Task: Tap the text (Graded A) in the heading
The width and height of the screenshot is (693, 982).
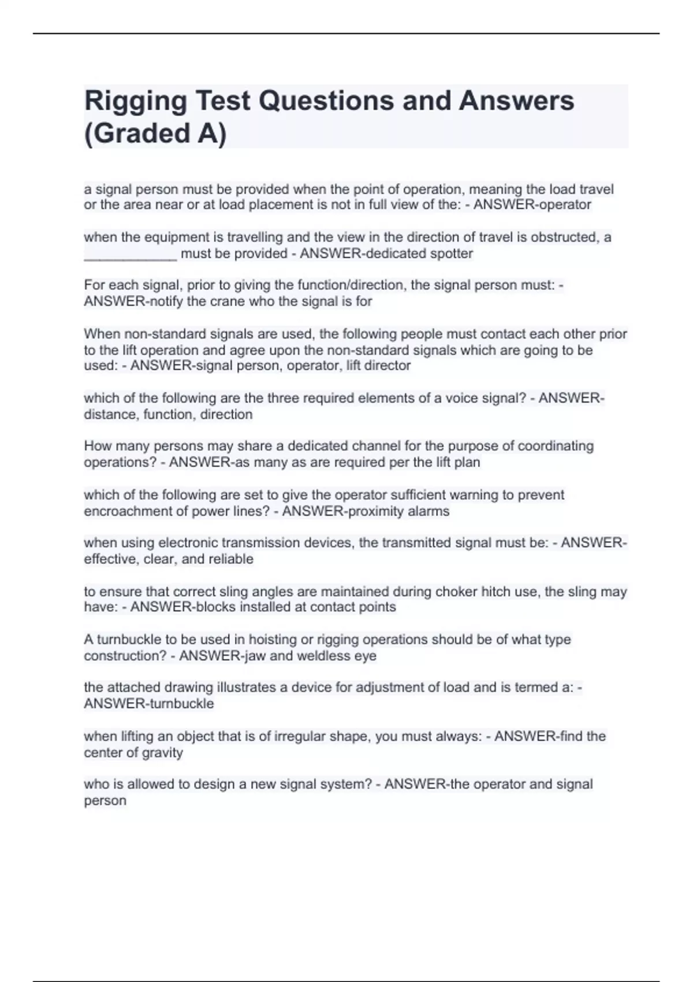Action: pyautogui.click(x=155, y=133)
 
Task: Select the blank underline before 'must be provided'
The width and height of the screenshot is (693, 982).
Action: pyautogui.click(x=130, y=254)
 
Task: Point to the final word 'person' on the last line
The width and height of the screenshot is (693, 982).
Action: pyautogui.click(x=105, y=801)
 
